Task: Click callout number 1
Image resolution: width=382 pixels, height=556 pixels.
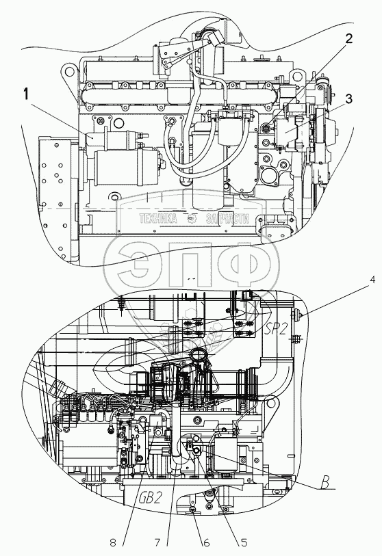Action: (x=26, y=94)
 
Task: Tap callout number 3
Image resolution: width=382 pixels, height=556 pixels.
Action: (x=348, y=99)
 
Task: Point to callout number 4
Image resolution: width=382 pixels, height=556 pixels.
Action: (x=372, y=280)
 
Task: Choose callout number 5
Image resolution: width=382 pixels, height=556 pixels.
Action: (x=244, y=542)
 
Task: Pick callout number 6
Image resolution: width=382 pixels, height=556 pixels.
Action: (x=206, y=542)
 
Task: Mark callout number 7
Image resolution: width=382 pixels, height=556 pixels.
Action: (x=157, y=542)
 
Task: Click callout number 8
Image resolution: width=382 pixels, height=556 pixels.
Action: (x=113, y=542)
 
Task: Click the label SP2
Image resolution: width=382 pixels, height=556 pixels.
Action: (x=275, y=330)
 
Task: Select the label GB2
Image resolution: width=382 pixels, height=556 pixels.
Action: (x=149, y=497)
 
